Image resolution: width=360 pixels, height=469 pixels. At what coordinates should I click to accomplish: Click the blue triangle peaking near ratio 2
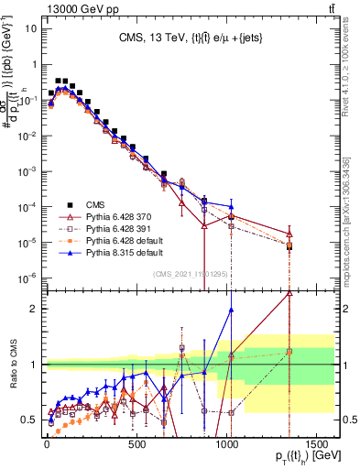(231, 310)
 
